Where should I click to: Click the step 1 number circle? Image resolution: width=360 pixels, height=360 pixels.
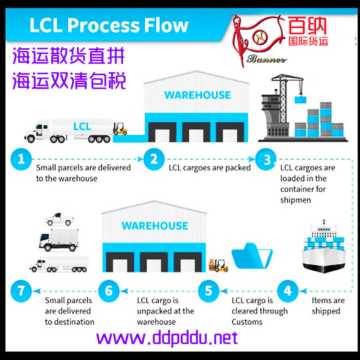(x=21, y=159)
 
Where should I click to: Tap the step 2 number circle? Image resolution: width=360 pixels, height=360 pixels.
(x=154, y=159)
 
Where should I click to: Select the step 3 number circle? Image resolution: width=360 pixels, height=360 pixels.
(x=266, y=159)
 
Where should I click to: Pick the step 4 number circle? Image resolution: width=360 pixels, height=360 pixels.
(x=288, y=291)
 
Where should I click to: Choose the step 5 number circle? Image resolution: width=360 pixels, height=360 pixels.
(x=208, y=291)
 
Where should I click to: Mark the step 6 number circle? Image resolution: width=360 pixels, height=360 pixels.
(x=109, y=291)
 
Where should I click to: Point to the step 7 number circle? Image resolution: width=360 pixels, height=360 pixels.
(x=21, y=291)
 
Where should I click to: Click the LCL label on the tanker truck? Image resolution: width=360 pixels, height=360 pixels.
(x=82, y=126)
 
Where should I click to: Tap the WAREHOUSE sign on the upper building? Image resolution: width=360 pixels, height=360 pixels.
(x=198, y=95)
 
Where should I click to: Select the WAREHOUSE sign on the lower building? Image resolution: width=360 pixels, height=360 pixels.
(x=155, y=226)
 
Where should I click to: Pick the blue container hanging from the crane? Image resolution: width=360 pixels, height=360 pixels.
(x=300, y=100)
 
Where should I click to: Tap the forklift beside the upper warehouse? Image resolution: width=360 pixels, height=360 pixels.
(x=120, y=129)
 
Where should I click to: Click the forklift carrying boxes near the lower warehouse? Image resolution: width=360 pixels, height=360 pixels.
(x=218, y=265)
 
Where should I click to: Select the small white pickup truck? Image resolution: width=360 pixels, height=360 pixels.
(x=60, y=219)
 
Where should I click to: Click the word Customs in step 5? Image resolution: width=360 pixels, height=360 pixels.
(x=247, y=322)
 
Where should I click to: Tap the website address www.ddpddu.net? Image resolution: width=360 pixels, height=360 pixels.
(x=167, y=338)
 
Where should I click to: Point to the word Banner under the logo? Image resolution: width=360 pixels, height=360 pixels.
(x=267, y=60)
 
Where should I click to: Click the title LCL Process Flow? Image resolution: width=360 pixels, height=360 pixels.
(x=109, y=25)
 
